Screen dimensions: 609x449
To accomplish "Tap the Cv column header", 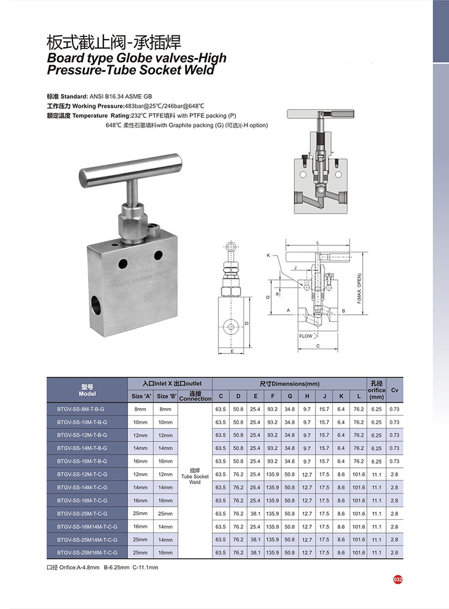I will coord(395,389).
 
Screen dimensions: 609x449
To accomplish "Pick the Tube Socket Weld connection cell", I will coord(195,476).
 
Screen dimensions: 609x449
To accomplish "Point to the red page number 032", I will coord(398,579).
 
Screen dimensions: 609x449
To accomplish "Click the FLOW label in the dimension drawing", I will coord(306,336).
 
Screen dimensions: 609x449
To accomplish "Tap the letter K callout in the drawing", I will coord(268,255).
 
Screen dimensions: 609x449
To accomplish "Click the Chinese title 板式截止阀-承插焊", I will coord(114,42).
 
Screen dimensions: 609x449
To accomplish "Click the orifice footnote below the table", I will coord(102,567).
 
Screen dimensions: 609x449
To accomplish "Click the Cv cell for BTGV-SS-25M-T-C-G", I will coord(395,513).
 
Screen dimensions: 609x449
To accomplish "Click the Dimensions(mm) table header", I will coord(290,383).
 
